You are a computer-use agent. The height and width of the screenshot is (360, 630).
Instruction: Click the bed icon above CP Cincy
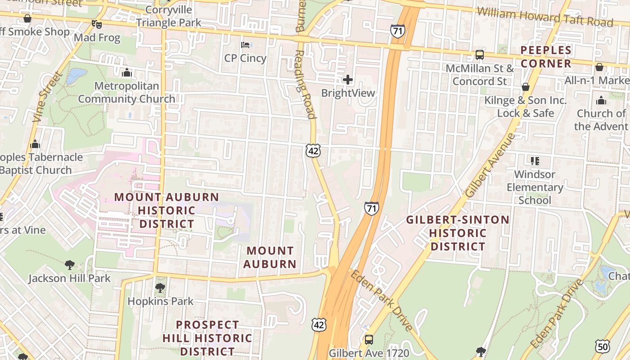point(245,45)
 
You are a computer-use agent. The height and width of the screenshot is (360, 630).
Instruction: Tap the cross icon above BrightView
point(348,80)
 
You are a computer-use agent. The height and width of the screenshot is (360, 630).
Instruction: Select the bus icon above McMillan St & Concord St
point(480,55)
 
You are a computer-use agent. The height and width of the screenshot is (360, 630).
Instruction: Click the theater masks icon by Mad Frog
point(95,24)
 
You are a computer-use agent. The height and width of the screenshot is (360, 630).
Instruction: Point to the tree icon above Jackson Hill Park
point(69,265)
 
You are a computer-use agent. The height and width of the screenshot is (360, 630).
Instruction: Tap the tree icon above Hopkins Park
point(160,288)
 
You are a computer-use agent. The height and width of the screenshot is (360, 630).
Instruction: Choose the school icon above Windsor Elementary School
point(535,161)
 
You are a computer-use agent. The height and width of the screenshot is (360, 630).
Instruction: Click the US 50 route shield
point(602,346)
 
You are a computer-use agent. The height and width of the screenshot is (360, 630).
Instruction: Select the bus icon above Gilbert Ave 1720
point(369,339)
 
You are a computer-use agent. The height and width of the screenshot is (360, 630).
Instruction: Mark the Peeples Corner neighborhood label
point(546,57)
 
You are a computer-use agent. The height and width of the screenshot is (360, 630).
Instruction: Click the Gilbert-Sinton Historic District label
point(458,233)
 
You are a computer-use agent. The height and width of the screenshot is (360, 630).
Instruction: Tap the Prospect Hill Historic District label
point(207,337)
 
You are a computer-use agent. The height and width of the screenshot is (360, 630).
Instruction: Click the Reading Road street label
point(305,84)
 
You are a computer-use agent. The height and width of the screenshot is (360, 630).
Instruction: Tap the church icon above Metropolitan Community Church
point(127,72)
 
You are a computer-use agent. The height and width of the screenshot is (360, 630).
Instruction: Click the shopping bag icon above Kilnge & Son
point(525,87)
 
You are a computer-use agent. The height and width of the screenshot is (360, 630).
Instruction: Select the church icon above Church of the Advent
point(601,100)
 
